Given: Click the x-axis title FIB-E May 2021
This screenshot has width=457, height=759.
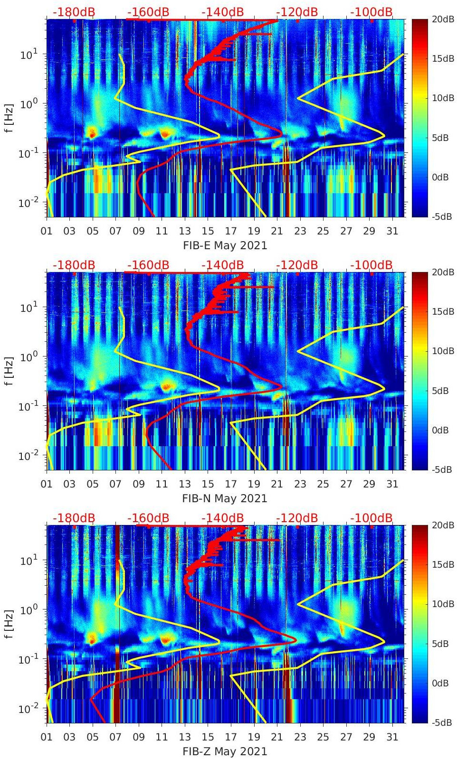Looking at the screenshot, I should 225,245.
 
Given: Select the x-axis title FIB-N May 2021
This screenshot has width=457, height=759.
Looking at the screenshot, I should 225,498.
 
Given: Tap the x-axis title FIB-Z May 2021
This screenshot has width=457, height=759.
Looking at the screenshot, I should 225,751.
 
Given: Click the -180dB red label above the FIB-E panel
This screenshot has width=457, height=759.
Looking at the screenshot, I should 74,12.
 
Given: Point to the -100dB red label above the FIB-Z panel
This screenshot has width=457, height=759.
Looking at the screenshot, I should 371,518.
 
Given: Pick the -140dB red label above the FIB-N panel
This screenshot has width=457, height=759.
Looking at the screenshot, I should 222,265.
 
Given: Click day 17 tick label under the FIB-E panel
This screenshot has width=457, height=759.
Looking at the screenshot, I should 231,231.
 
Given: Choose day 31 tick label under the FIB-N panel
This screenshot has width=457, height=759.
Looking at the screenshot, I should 392,484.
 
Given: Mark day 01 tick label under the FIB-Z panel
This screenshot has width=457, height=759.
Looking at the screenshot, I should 47,737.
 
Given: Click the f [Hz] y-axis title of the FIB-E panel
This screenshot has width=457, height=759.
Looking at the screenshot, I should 10,118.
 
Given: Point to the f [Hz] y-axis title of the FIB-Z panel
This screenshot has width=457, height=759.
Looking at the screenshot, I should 10,624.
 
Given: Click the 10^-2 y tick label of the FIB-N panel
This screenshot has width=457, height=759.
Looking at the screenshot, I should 28,456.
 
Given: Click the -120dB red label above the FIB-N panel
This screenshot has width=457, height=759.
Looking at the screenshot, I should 297,265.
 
